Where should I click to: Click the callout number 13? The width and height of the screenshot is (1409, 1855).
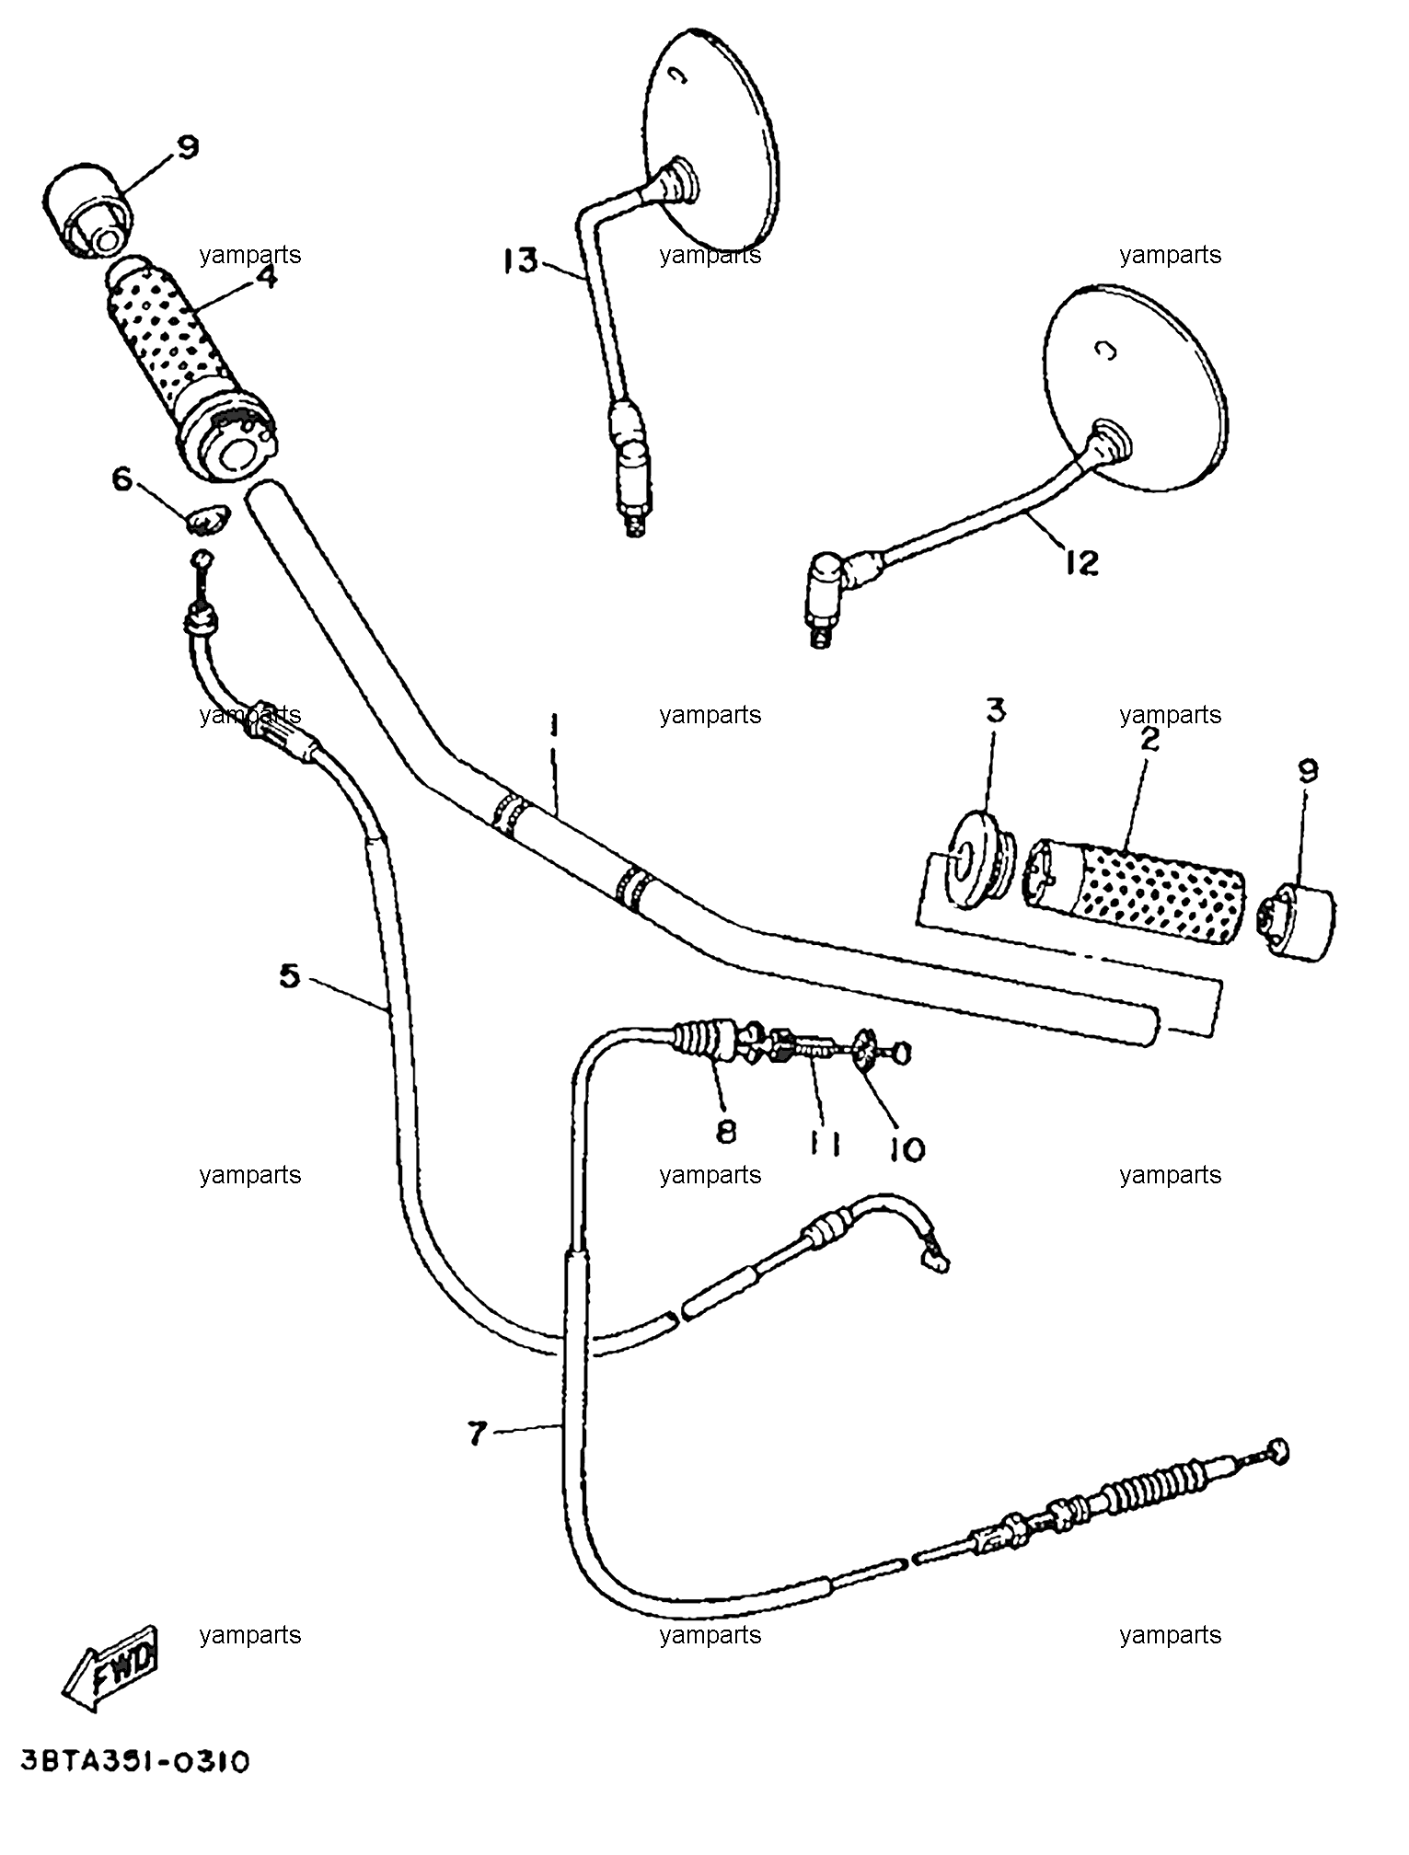pyautogui.click(x=519, y=260)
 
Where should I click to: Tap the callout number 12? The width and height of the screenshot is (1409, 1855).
pyautogui.click(x=1081, y=561)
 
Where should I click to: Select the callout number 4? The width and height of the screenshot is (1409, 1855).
pyautogui.click(x=266, y=276)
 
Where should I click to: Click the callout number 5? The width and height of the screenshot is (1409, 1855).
pyautogui.click(x=290, y=975)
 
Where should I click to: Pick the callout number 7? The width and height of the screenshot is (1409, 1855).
pyautogui.click(x=475, y=1434)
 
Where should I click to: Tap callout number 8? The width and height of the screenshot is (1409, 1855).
pyautogui.click(x=726, y=1132)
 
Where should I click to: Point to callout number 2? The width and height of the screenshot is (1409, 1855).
pyautogui.click(x=1149, y=739)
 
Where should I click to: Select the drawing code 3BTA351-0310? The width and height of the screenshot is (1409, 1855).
pyautogui.click(x=134, y=1761)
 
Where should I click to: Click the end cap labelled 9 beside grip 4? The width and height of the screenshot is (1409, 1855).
pyautogui.click(x=86, y=210)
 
